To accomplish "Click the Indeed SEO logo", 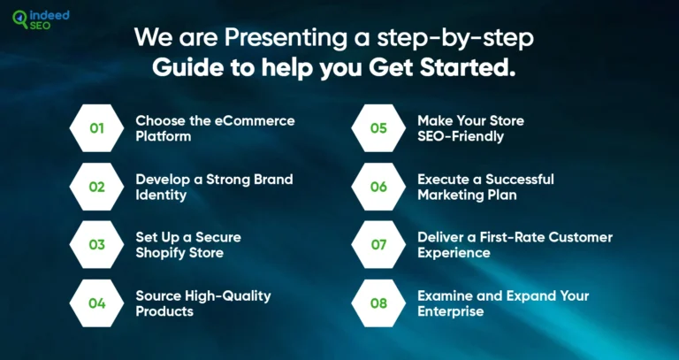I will point(41,20).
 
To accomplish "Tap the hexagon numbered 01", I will point(97,128).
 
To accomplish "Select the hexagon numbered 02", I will point(97,187).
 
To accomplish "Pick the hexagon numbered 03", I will point(97,245).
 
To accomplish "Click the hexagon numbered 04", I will point(97,303).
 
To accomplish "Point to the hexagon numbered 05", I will point(378,128).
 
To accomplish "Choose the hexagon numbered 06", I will point(378,187).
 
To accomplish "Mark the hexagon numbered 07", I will point(378,245).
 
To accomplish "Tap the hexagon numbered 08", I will point(378,303).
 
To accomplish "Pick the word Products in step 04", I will point(164,311).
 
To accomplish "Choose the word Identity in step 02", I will point(161,195).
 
